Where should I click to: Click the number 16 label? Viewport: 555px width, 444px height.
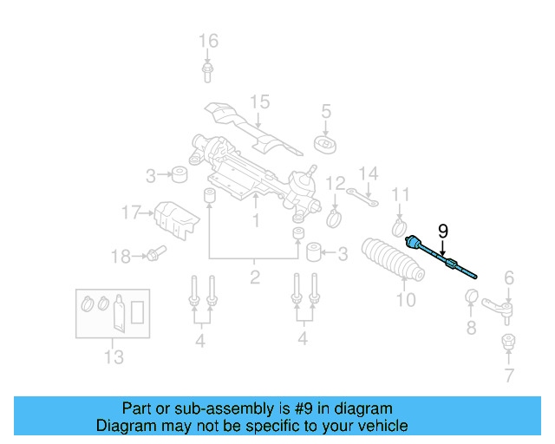[x=208, y=41]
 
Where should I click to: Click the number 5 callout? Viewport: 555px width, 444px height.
[x=326, y=111]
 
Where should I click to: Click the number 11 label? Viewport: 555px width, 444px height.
[x=400, y=193]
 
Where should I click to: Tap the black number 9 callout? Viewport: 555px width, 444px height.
[x=443, y=232]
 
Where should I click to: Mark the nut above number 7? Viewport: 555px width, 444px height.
[x=509, y=341]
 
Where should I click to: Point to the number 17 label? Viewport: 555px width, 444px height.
[x=130, y=212]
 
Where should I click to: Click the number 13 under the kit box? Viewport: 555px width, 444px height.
[x=114, y=356]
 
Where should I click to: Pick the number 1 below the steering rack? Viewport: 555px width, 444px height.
[x=256, y=221]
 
